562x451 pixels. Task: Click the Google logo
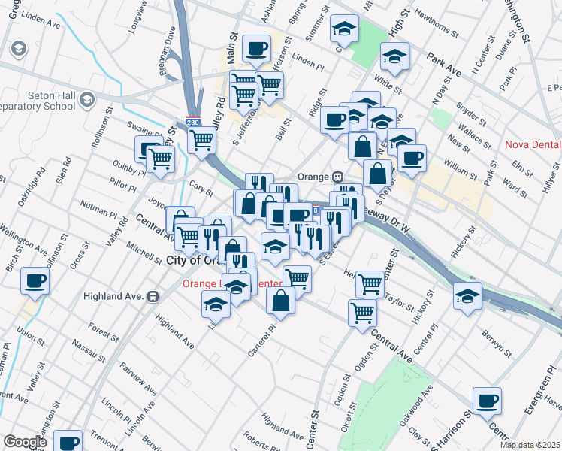[x=25, y=442]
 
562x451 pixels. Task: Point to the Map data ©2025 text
[x=530, y=445]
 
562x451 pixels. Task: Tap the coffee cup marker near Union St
[x=35, y=282]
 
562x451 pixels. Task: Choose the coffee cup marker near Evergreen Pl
[x=488, y=401]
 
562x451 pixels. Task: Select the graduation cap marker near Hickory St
[x=467, y=296]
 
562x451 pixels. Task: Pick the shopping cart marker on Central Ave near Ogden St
[x=363, y=311]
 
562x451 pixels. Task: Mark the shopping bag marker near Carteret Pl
[x=281, y=301]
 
